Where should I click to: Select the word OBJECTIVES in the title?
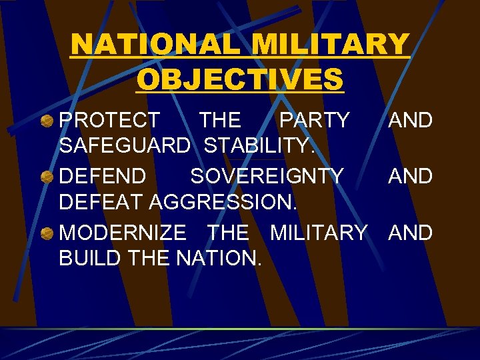[240, 79]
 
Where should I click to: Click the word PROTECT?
[110, 121]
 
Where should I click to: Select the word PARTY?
[314, 121]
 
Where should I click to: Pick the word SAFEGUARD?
[125, 144]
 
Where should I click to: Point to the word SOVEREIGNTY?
[267, 177]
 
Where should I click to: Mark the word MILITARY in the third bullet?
[318, 233]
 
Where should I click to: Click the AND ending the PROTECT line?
[411, 121]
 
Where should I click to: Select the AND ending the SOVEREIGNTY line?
[411, 177]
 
